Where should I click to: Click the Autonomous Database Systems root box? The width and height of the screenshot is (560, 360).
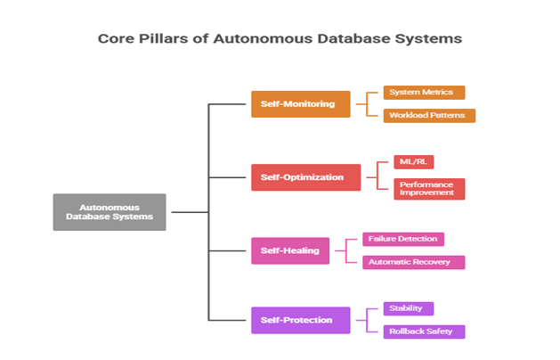pyautogui.click(x=110, y=212)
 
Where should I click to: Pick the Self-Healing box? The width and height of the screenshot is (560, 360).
pyautogui.click(x=290, y=250)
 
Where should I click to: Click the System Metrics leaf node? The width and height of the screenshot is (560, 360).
pyautogui.click(x=423, y=93)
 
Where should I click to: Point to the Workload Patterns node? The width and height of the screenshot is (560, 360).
pyautogui.click(x=428, y=115)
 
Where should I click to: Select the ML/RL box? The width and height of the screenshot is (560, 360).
pyautogui.click(x=414, y=162)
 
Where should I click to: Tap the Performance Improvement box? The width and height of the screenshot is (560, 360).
pyautogui.click(x=429, y=189)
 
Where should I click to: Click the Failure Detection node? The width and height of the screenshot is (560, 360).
pyautogui.click(x=402, y=239)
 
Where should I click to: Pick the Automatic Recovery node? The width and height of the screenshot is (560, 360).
pyautogui.click(x=413, y=262)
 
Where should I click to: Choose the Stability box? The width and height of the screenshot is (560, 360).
pyautogui.click(x=408, y=308)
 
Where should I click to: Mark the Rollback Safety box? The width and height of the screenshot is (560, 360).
pyautogui.click(x=423, y=331)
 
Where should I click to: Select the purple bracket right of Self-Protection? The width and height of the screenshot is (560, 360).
pyautogui.click(x=366, y=320)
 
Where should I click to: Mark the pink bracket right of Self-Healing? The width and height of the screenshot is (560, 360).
pyautogui.click(x=345, y=250)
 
